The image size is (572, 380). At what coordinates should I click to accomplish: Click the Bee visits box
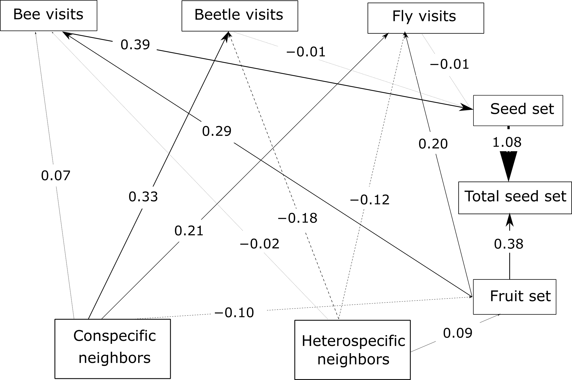[48, 15]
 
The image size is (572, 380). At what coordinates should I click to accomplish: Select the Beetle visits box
[240, 15]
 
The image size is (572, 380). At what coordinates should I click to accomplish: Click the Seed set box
[518, 110]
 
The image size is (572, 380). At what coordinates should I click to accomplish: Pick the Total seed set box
[515, 197]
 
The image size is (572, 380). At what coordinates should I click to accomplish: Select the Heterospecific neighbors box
[352, 350]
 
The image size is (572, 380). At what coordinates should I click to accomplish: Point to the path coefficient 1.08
[507, 143]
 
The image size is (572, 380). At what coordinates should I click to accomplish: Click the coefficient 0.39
[135, 45]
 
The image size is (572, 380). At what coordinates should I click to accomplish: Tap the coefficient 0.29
[217, 131]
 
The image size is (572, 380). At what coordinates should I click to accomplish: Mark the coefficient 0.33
[143, 197]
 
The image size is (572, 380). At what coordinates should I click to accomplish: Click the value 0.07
[56, 176]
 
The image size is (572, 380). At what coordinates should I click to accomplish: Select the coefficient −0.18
[297, 219]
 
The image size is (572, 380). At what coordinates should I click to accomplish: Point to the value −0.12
[370, 200]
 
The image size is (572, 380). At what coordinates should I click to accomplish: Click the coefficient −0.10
[234, 313]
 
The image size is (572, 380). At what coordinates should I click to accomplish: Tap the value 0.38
[509, 244]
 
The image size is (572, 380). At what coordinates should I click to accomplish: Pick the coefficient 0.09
[458, 333]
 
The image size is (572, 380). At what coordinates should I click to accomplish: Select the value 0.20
[433, 144]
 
